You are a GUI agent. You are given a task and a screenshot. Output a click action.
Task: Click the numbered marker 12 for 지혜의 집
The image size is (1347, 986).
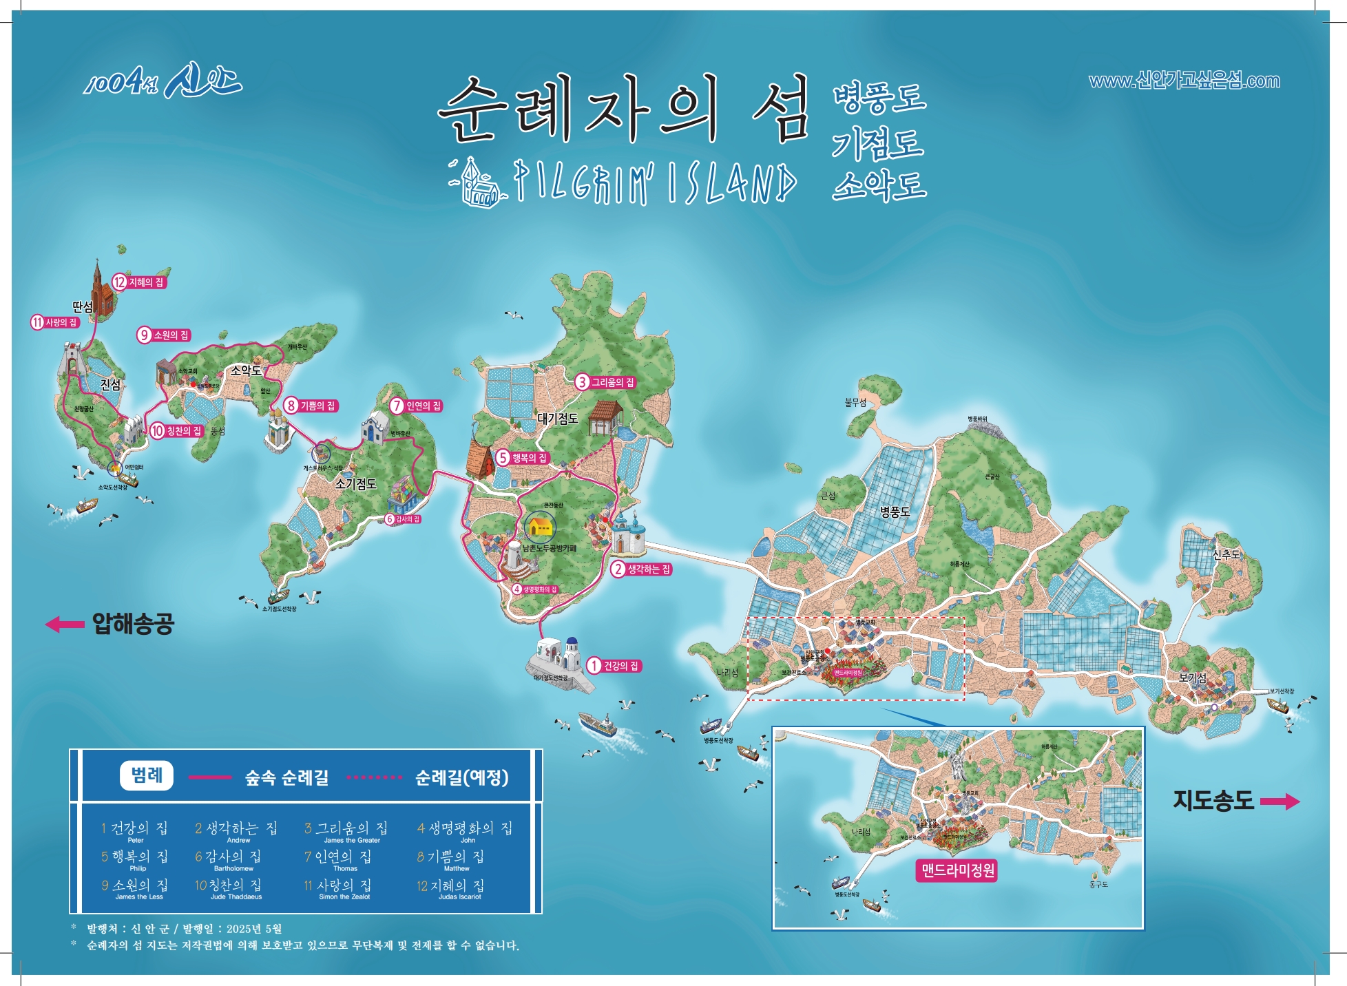pyautogui.click(x=120, y=282)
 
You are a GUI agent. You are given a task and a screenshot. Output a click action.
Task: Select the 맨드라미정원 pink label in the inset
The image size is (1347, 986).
pyautogui.click(x=958, y=871)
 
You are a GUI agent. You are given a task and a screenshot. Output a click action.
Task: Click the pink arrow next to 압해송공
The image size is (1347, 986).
pyautogui.click(x=65, y=625)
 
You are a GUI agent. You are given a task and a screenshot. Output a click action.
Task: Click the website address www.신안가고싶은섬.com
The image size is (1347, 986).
pyautogui.click(x=1184, y=81)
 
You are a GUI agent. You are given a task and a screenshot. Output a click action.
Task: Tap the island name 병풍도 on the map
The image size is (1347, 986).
pyautogui.click(x=895, y=512)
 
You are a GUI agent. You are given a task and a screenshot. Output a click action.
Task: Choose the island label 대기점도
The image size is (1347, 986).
pyautogui.click(x=557, y=419)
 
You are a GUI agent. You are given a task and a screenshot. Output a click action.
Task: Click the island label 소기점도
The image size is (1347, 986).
pyautogui.click(x=355, y=484)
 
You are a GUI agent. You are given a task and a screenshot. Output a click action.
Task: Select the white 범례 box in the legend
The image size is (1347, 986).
pyautogui.click(x=146, y=776)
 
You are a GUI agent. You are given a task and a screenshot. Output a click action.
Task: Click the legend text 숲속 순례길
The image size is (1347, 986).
pyautogui.click(x=286, y=778)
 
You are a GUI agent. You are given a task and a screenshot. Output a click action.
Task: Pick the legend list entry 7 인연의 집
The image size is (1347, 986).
pyautogui.click(x=337, y=857)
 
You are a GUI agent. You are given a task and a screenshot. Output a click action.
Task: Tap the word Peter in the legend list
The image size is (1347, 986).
pyautogui.click(x=136, y=840)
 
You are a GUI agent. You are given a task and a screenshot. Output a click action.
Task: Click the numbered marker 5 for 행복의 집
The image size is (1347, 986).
pyautogui.click(x=503, y=457)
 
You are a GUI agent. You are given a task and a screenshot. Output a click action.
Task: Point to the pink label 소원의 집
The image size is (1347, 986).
pyautogui.click(x=170, y=335)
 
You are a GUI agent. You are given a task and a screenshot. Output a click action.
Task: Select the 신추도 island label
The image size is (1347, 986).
pyautogui.click(x=1226, y=554)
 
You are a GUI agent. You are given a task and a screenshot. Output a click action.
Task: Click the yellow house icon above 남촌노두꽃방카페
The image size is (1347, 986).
pyautogui.click(x=539, y=527)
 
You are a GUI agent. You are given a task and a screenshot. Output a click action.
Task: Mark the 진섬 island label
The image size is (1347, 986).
pyautogui.click(x=110, y=384)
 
